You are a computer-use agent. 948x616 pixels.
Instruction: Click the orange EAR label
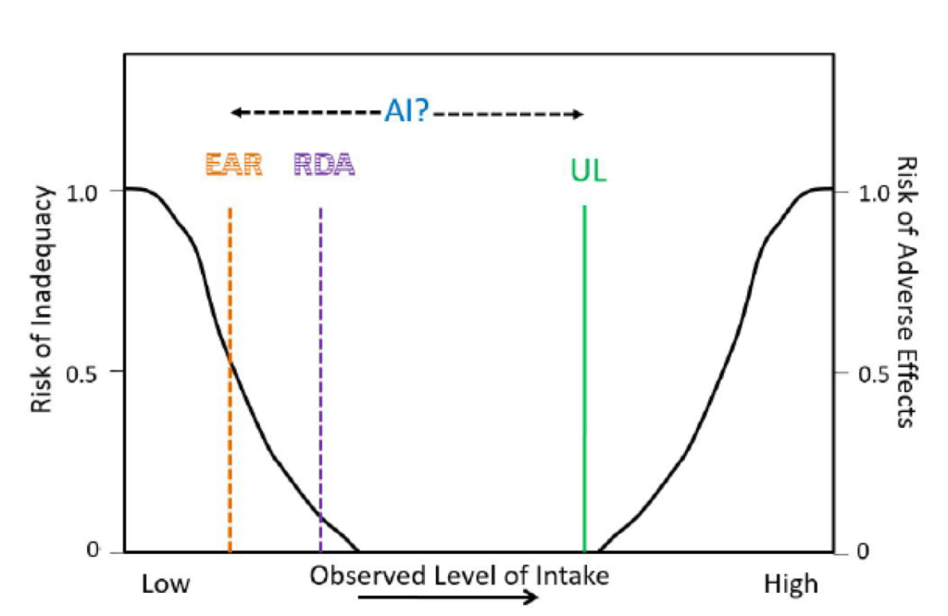tap(234, 165)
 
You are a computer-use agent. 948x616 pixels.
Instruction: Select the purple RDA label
tap(324, 165)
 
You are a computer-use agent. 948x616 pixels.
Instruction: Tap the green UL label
tap(588, 171)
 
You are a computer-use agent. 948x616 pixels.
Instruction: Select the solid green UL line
tap(584, 371)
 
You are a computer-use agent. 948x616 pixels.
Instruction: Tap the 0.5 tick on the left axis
tap(93, 371)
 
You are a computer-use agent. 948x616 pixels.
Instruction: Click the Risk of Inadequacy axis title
tap(41, 313)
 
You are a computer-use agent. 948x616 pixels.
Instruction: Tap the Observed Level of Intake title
tap(459, 575)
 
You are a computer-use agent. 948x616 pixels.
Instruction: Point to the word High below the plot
tap(791, 585)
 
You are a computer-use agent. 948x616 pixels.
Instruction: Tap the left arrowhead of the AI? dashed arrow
tap(236, 113)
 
